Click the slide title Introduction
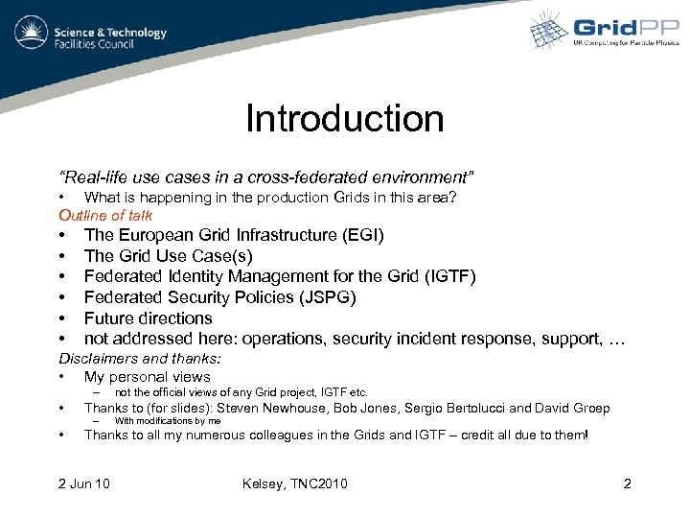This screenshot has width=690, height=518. coord(344,119)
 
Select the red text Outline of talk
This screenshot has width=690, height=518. coord(105,215)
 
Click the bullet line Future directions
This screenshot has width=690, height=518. coord(148,318)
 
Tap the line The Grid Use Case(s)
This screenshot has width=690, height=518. coord(168,256)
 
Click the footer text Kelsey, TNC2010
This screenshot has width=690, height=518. coord(295,483)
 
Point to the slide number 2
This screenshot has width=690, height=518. coord(627,483)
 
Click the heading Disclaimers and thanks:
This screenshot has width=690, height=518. coord(140,359)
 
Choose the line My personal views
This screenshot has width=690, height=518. coord(147,377)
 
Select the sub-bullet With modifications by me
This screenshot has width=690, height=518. coord(167,421)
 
